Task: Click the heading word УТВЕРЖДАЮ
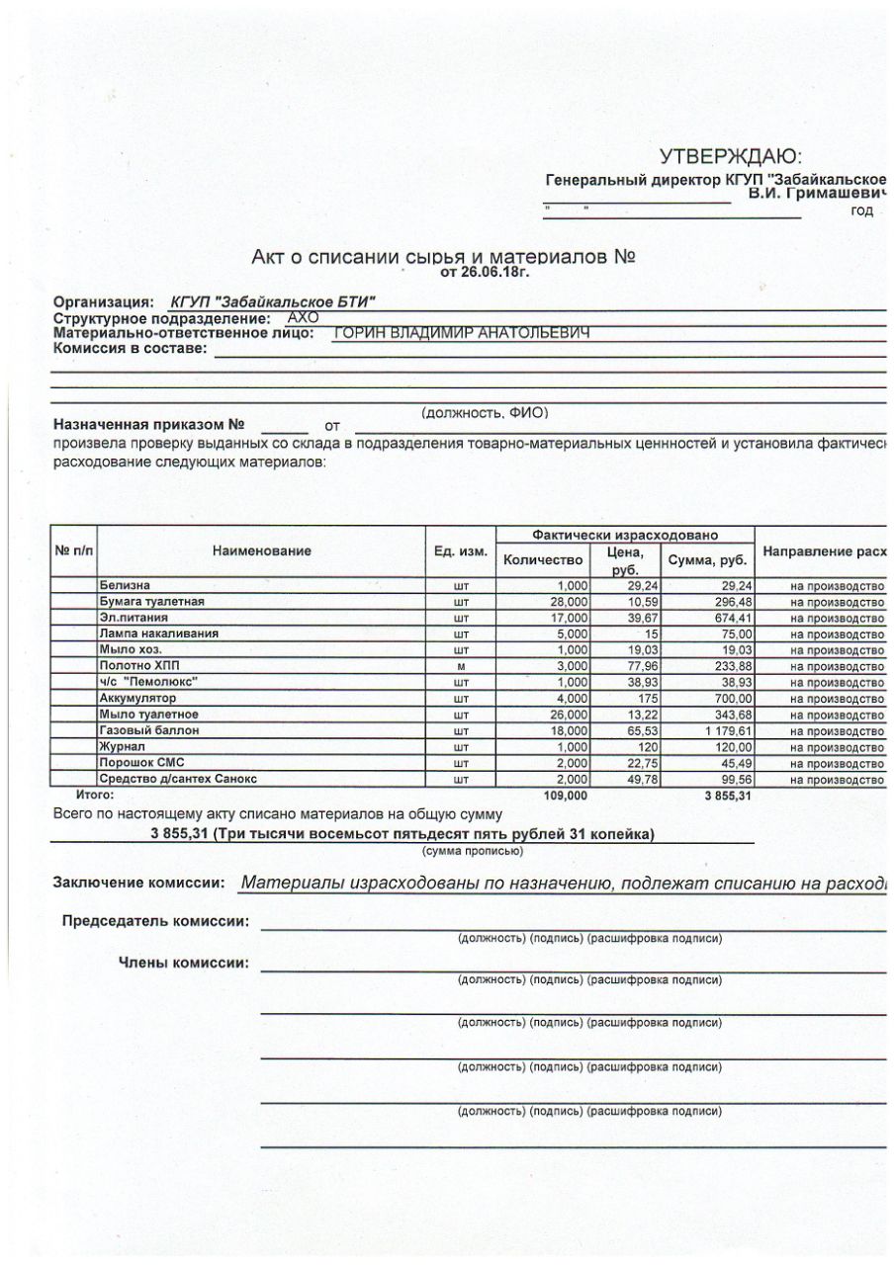tap(731, 156)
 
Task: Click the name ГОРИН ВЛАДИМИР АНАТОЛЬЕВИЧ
tap(462, 333)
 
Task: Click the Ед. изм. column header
tap(461, 550)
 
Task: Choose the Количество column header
tap(544, 559)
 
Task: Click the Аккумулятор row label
tap(136, 699)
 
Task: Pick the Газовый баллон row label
tap(149, 730)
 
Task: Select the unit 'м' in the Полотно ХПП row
tap(461, 667)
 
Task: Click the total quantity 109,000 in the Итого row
tap(566, 795)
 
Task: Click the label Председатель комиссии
tap(155, 921)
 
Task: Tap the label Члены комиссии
tap(184, 963)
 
